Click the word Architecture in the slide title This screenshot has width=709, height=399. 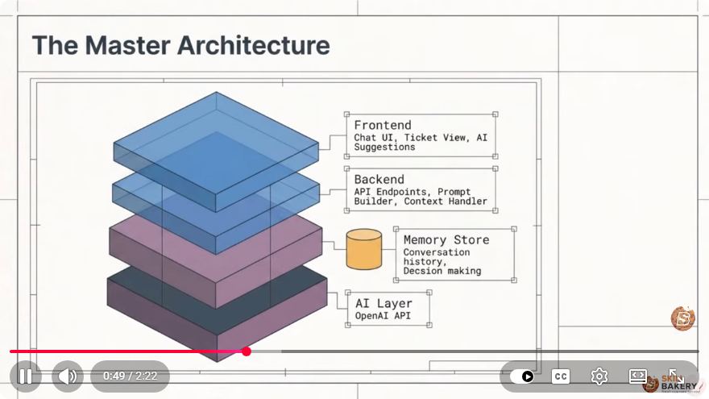coord(253,45)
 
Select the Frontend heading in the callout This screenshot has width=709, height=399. coord(383,125)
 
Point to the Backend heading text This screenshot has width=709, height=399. coord(379,179)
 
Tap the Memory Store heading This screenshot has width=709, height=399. coord(446,239)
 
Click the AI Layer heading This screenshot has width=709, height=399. coord(384,303)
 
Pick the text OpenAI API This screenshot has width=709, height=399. coord(383,316)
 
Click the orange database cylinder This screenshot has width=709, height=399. coord(364,249)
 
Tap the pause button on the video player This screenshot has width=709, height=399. coord(25,376)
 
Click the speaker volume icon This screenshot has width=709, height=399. coord(68,376)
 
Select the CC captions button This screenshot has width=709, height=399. coord(561,376)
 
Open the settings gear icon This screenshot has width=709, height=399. coord(599,376)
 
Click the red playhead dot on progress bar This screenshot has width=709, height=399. coord(247,351)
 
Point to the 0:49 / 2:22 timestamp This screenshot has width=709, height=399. coord(131,376)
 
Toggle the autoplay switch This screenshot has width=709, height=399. coord(522,376)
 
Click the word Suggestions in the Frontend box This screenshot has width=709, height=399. coord(384,147)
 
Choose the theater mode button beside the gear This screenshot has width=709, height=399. coord(637,376)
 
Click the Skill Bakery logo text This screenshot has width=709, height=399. coord(678,383)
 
